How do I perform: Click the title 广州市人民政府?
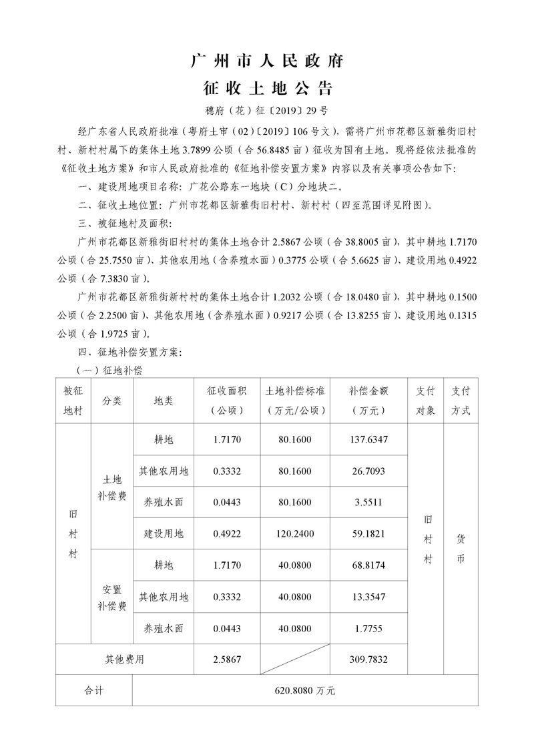coord(266,61)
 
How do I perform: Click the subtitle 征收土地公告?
coord(266,88)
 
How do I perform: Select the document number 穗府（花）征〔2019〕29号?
coord(266,111)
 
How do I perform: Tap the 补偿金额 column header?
coord(368,401)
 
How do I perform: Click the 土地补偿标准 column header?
coord(295,401)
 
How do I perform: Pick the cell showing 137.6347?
coord(368,440)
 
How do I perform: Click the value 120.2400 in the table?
coord(295,533)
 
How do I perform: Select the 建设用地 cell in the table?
coord(164,533)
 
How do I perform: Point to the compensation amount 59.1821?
coord(368,533)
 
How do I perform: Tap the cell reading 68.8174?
coord(368,565)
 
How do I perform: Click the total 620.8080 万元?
coord(305,690)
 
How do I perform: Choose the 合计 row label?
coord(94,690)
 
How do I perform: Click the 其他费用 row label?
coord(124,659)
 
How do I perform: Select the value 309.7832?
coord(368,659)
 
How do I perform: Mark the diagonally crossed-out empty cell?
coord(295,659)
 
